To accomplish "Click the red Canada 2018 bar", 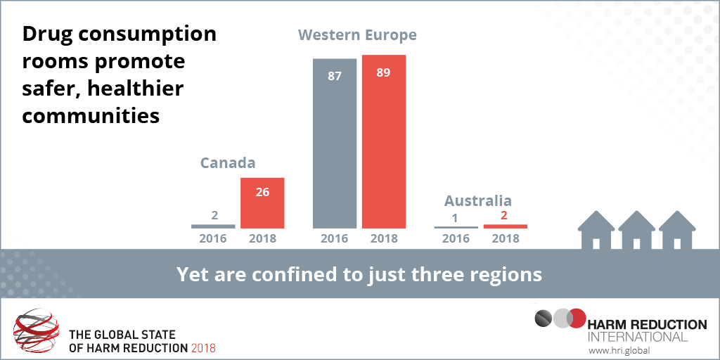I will (x=262, y=202).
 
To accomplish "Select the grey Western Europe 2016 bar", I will (x=335, y=143).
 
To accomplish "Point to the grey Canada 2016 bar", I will (x=213, y=226).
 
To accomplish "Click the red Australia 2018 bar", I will (x=505, y=226).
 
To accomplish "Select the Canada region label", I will (x=227, y=163).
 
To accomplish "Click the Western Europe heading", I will (x=357, y=34).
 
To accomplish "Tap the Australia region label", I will (x=477, y=201).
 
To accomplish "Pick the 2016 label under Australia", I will (x=456, y=238).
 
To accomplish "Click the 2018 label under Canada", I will (x=262, y=238).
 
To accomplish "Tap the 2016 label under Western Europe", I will (x=335, y=238).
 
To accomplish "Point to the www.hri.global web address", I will (x=618, y=349).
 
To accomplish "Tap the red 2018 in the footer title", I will (x=203, y=348).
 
